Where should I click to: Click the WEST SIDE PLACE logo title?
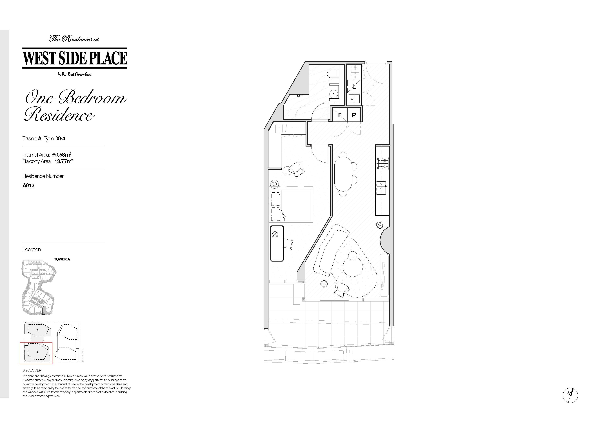75,58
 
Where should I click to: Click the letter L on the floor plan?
354,87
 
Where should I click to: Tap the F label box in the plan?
340,115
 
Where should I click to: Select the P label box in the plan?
354,115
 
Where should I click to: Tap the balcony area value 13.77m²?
64,161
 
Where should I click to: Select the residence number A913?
28,185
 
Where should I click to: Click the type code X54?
61,139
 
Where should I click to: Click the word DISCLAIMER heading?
32,370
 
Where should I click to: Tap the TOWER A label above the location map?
62,259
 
